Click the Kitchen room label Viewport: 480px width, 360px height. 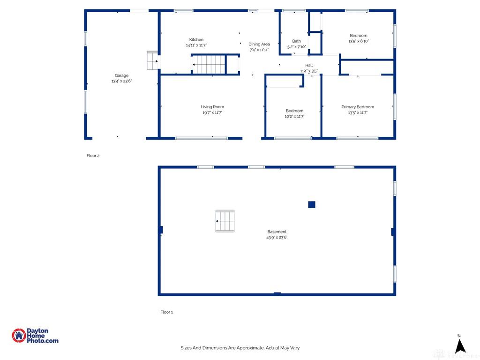point(196,40)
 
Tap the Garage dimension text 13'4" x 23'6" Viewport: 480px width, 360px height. point(121,81)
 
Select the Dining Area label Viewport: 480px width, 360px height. point(259,44)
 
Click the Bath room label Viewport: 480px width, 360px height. point(296,41)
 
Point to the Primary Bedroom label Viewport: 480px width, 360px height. point(358,107)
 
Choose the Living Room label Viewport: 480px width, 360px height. point(212,107)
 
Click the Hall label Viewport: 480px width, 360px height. point(309,65)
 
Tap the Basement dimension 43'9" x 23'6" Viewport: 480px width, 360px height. point(277,238)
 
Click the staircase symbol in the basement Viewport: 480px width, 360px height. point(225,221)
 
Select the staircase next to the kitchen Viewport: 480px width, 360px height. point(209,64)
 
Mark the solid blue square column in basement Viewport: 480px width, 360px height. point(312,204)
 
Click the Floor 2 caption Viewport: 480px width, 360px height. point(93,156)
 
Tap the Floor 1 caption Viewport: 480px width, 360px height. point(166,312)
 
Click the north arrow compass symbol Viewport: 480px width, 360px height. point(460,345)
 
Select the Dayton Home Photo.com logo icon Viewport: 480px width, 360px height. point(19,336)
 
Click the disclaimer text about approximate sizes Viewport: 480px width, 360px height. point(240,348)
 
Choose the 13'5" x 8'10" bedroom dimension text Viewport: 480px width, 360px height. point(358,41)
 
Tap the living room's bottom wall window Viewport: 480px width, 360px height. point(202,138)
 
